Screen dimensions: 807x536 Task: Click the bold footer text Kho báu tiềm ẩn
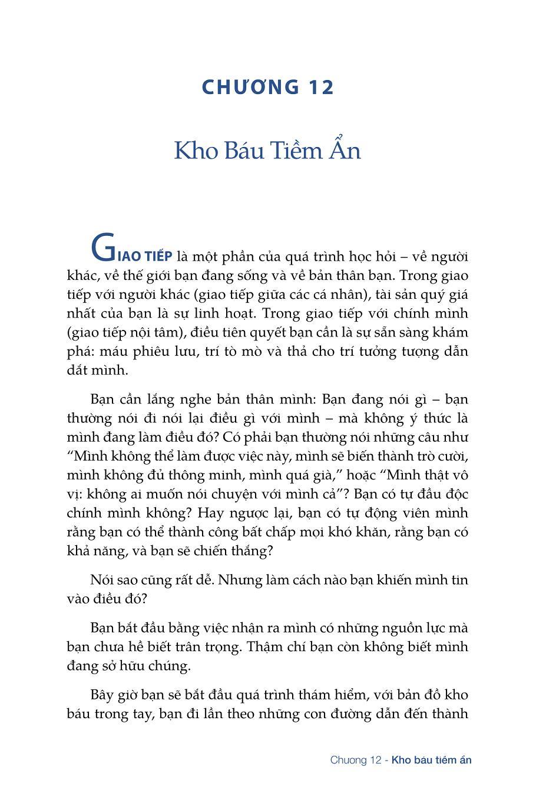click(x=432, y=760)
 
